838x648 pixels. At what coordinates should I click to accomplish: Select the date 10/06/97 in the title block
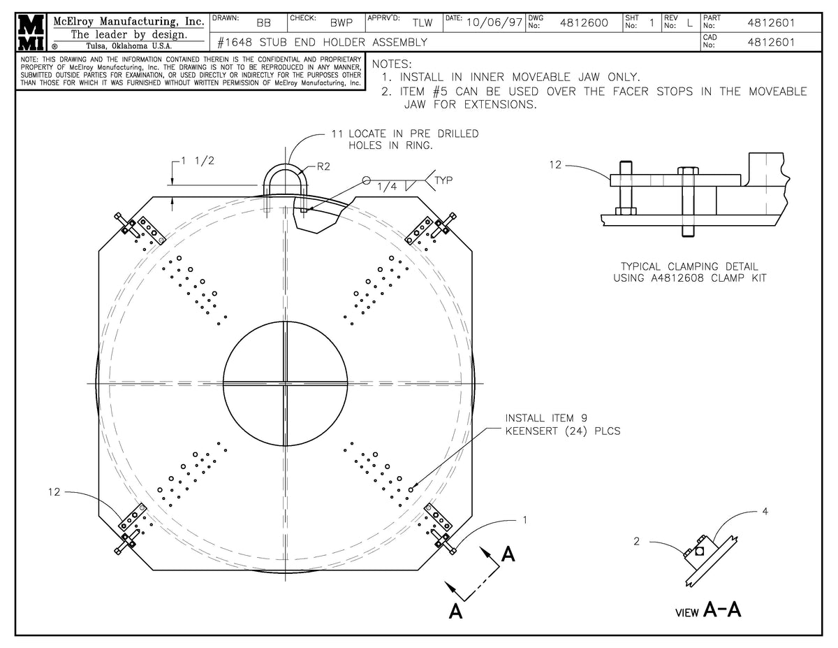pos(494,22)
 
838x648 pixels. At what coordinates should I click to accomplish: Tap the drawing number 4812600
pos(584,23)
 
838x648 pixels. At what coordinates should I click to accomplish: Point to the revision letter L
pos(690,23)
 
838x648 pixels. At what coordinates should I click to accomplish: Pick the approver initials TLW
pos(422,23)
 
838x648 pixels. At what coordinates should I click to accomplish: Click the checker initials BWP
pos(341,23)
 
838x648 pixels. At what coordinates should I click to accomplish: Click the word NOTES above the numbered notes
pos(393,64)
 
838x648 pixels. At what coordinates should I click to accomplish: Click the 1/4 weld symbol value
pos(385,187)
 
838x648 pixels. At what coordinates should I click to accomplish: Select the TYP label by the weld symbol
pos(445,180)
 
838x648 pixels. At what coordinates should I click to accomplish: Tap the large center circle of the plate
pos(285,383)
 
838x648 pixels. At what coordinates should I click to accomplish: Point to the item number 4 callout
pos(765,512)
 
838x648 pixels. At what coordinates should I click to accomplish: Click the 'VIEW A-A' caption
pos(708,610)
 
